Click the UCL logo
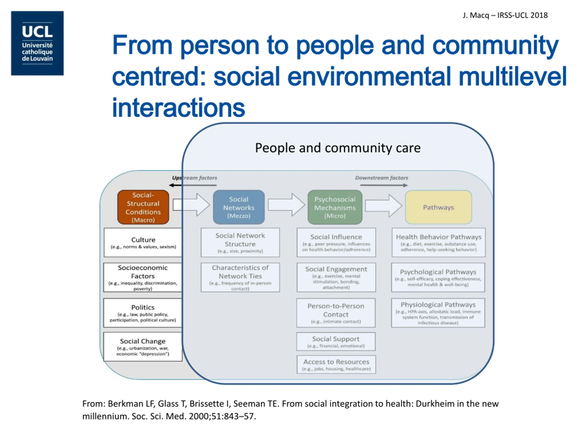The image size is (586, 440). (x=37, y=43)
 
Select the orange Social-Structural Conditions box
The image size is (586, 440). (x=143, y=207)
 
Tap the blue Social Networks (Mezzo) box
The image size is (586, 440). (x=239, y=207)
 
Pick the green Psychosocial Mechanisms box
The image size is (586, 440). (x=335, y=207)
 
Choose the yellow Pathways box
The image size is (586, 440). (x=438, y=207)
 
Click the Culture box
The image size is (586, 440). (x=143, y=242)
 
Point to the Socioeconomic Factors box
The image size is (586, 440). (x=143, y=277)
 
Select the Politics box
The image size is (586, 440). (x=143, y=313)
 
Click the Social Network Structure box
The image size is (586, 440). (x=240, y=242)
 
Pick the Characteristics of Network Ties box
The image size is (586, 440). (x=240, y=277)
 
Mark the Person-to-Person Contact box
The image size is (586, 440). (x=336, y=313)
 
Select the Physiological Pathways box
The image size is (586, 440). (x=438, y=313)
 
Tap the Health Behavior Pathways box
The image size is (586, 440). (x=438, y=242)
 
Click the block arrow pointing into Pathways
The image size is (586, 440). (x=383, y=206)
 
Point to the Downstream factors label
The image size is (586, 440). (x=382, y=178)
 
